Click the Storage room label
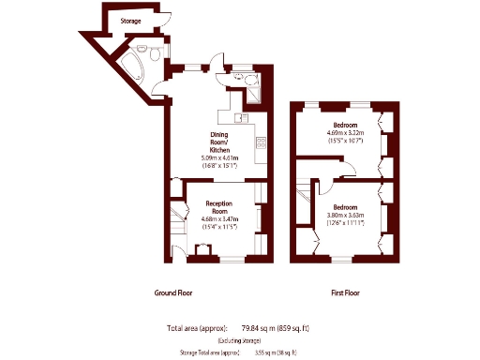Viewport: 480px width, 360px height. point(131,20)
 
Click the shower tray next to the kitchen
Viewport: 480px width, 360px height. point(255,92)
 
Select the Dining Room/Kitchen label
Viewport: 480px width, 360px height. point(219,142)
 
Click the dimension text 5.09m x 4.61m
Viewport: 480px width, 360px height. point(219,158)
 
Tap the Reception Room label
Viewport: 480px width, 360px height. point(218,207)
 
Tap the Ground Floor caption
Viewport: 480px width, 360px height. point(172,292)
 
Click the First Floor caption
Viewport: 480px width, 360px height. point(345,292)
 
